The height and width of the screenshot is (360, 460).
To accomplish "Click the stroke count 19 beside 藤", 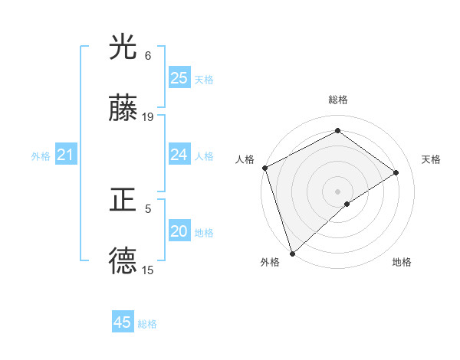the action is [148, 117].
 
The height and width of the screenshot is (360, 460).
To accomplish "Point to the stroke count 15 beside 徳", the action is [148, 270].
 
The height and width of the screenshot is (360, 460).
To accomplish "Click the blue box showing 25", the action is [179, 78].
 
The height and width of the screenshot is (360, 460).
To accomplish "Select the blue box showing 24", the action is [179, 155].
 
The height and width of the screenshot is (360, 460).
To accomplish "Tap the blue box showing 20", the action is [179, 232].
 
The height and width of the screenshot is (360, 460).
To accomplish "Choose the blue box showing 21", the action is [65, 155].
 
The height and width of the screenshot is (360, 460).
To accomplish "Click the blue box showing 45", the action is [122, 323].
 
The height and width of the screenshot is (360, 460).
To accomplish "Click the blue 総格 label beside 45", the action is [147, 324].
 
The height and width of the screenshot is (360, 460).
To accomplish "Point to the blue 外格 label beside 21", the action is [41, 156].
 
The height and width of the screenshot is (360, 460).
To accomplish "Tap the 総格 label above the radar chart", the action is [337, 100].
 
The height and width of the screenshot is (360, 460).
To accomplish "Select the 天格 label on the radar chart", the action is [432, 159].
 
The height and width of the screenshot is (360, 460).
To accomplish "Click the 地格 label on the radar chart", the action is [402, 262].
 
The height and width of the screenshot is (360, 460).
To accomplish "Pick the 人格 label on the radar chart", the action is [245, 159].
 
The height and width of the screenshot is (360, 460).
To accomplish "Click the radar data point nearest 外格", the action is [291, 253].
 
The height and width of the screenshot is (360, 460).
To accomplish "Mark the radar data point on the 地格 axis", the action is [347, 204].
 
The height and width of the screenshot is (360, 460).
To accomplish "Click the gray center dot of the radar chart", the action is [337, 191].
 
